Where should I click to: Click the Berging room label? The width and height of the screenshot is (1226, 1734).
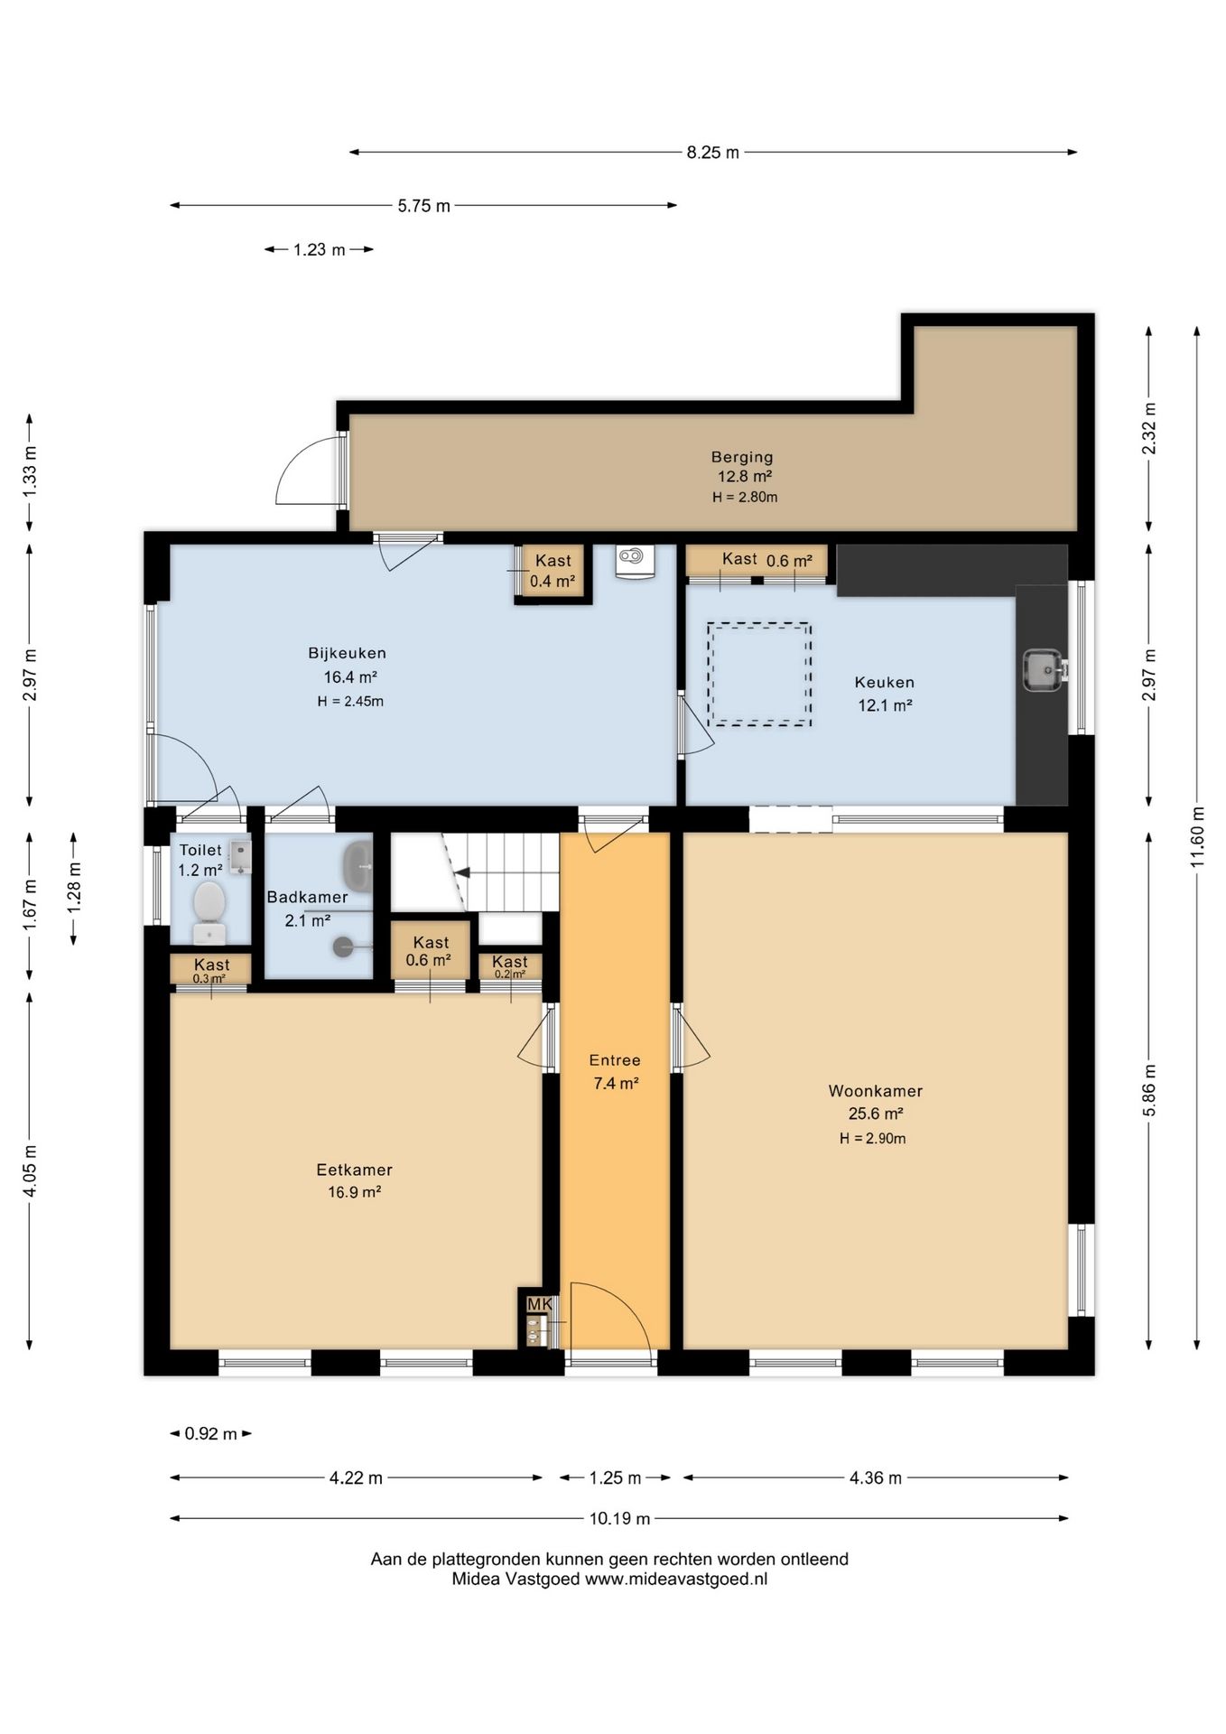click(742, 457)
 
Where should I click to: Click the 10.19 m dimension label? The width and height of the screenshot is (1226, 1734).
click(619, 1518)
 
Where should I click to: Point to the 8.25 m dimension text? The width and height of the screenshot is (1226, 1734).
click(712, 153)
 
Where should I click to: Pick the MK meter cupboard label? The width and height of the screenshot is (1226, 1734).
click(539, 1304)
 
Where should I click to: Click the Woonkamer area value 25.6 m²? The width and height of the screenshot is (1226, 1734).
click(876, 1114)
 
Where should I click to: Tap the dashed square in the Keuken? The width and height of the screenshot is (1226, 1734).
click(759, 674)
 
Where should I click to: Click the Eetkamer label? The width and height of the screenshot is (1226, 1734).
click(354, 1170)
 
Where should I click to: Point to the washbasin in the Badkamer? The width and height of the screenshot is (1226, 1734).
click(358, 866)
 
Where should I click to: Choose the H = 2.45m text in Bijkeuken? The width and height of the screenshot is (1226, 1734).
click(350, 701)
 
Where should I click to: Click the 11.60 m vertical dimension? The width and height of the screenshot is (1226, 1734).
click(1197, 836)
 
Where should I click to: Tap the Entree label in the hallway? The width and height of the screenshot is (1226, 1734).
click(615, 1060)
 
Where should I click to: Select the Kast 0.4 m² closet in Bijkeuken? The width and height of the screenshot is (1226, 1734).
click(553, 572)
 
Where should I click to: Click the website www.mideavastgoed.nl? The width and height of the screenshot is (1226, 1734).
click(676, 1580)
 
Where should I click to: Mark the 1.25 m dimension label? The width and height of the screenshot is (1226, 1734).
click(615, 1478)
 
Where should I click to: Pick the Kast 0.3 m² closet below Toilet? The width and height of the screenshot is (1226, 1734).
click(211, 970)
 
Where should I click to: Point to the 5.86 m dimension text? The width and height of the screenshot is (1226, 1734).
click(1149, 1090)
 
